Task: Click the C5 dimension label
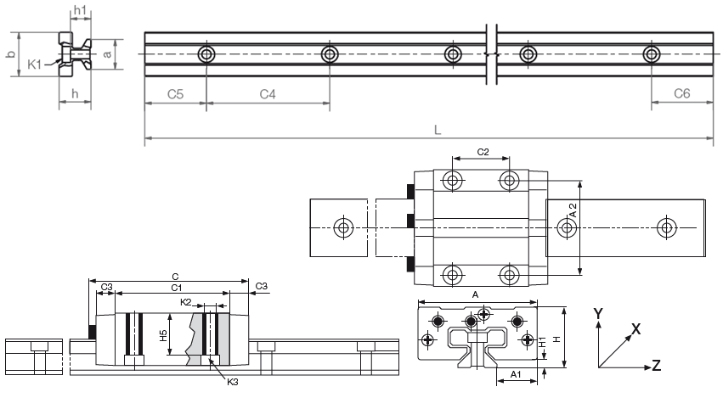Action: click(174, 94)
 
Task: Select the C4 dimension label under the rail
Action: click(268, 94)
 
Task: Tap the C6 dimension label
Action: click(681, 94)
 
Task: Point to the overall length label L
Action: click(437, 132)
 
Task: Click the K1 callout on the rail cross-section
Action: click(35, 64)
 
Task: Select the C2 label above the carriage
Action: click(482, 152)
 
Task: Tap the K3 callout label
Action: click(233, 383)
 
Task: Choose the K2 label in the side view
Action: click(185, 302)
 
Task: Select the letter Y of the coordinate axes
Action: click(598, 313)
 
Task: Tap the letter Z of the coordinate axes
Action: click(656, 366)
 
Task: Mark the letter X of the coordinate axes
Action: click(635, 328)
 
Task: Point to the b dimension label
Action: click(10, 54)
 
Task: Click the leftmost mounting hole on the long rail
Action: click(206, 55)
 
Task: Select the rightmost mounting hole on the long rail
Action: click(652, 55)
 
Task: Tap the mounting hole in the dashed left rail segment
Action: click(343, 227)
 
